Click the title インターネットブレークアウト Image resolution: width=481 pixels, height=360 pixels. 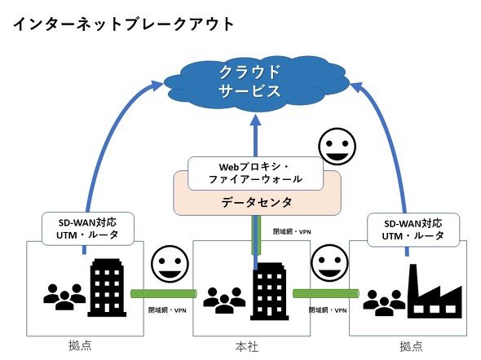(x=123, y=24)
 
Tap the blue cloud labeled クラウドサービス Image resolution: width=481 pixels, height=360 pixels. (x=257, y=84)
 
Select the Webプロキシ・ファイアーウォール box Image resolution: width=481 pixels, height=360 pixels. (x=255, y=173)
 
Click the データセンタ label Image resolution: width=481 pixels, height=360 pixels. (x=257, y=202)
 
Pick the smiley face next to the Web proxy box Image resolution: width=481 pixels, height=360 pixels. (x=337, y=147)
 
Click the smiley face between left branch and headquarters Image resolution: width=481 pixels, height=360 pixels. (x=170, y=264)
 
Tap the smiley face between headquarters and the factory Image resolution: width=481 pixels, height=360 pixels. (x=329, y=264)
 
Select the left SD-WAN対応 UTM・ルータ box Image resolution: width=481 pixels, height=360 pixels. (x=88, y=229)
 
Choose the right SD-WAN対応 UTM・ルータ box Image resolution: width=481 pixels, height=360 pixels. (x=413, y=230)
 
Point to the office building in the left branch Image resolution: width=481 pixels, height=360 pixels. (x=107, y=288)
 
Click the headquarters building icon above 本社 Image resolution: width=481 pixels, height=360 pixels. (x=270, y=291)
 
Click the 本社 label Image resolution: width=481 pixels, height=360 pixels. (x=247, y=347)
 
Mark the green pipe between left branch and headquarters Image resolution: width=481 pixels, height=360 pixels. (x=164, y=293)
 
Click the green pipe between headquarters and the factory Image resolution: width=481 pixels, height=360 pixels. (x=326, y=293)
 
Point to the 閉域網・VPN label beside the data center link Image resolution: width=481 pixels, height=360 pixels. (x=292, y=232)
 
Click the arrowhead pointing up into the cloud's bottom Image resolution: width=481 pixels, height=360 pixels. (x=255, y=120)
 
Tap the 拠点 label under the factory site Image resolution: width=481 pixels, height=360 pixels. (x=412, y=346)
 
